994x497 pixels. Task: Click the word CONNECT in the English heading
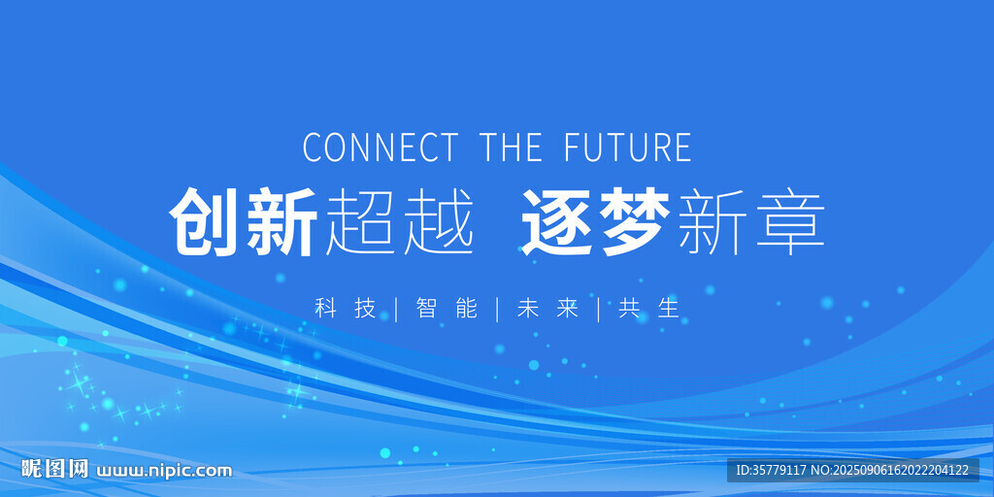[381, 148]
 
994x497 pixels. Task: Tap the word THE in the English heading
[512, 148]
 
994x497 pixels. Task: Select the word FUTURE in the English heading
[628, 148]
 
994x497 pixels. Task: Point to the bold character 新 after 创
[282, 222]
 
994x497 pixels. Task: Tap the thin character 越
[440, 222]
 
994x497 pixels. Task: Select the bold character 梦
[636, 222]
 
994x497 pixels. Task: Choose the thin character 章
[790, 222]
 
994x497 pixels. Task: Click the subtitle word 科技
[347, 309]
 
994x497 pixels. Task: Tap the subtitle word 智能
[447, 309]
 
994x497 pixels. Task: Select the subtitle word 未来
[548, 309]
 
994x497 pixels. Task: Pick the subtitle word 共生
[649, 309]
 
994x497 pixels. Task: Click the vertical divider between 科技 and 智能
[397, 309]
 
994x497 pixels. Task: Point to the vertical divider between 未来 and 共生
[599, 309]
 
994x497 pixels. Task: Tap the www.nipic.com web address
[164, 471]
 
